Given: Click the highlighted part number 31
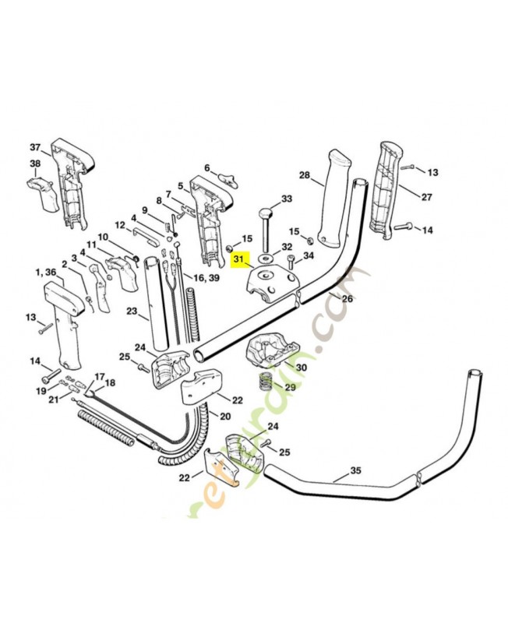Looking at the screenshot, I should (238, 260).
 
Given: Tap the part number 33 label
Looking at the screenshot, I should (286, 199).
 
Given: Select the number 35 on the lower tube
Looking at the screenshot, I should (356, 470).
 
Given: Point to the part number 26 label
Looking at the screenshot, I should (347, 298).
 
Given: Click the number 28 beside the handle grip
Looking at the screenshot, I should (305, 176).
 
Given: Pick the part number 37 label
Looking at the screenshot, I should (35, 147).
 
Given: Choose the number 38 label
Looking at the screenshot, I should (35, 164).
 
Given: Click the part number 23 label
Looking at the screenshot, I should (132, 313).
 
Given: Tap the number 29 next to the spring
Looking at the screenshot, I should (289, 387).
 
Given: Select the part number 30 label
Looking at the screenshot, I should (301, 368).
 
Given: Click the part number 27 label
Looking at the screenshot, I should (426, 197).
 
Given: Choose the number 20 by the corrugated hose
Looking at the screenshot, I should (225, 416).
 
